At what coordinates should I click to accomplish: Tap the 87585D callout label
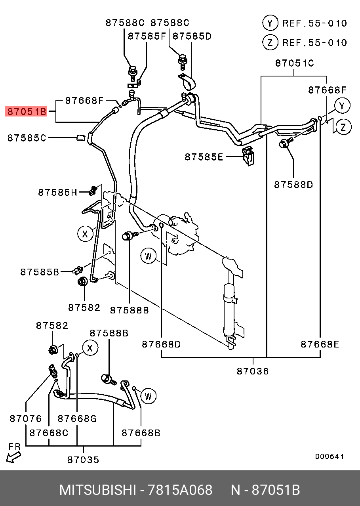tap(192, 36)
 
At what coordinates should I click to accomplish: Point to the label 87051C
tap(294, 63)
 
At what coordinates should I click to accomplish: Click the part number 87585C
tap(27, 138)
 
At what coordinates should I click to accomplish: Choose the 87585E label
tap(204, 157)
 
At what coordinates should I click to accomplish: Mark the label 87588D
tap(293, 184)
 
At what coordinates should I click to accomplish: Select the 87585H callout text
tap(57, 193)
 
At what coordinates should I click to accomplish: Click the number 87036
tap(253, 371)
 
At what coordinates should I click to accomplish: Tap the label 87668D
tap(161, 344)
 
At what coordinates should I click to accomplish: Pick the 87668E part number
tap(320, 344)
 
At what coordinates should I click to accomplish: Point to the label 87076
tap(26, 418)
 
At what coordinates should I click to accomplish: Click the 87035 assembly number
tap(83, 460)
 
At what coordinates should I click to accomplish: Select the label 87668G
tap(77, 418)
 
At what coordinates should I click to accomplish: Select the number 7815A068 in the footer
tap(180, 490)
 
